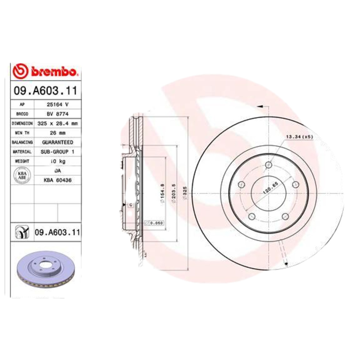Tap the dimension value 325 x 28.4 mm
tap(58, 123)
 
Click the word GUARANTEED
tap(58, 142)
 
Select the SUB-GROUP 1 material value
tap(58, 152)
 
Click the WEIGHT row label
tap(22, 161)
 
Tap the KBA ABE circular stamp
tap(22, 175)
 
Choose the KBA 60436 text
tap(58, 180)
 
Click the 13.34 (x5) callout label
tap(298, 136)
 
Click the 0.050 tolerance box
tap(153, 223)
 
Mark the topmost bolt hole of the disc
tap(269, 164)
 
